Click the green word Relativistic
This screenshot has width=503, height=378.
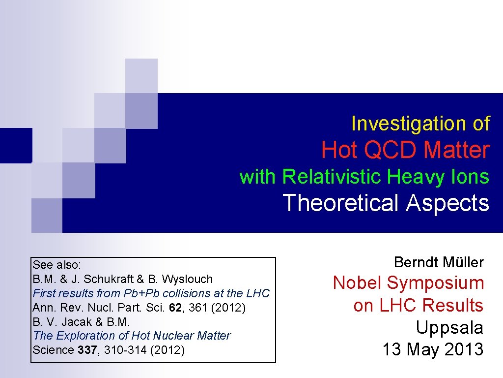coord(332,176)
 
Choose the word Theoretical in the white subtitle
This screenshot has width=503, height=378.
coord(341,203)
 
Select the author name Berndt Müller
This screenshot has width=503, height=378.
coord(439,262)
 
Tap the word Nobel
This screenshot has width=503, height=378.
coord(358,283)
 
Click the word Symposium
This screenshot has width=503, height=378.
coord(436,283)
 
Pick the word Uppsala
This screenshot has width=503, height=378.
coord(449,327)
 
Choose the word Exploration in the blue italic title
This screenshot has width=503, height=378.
coord(82,336)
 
